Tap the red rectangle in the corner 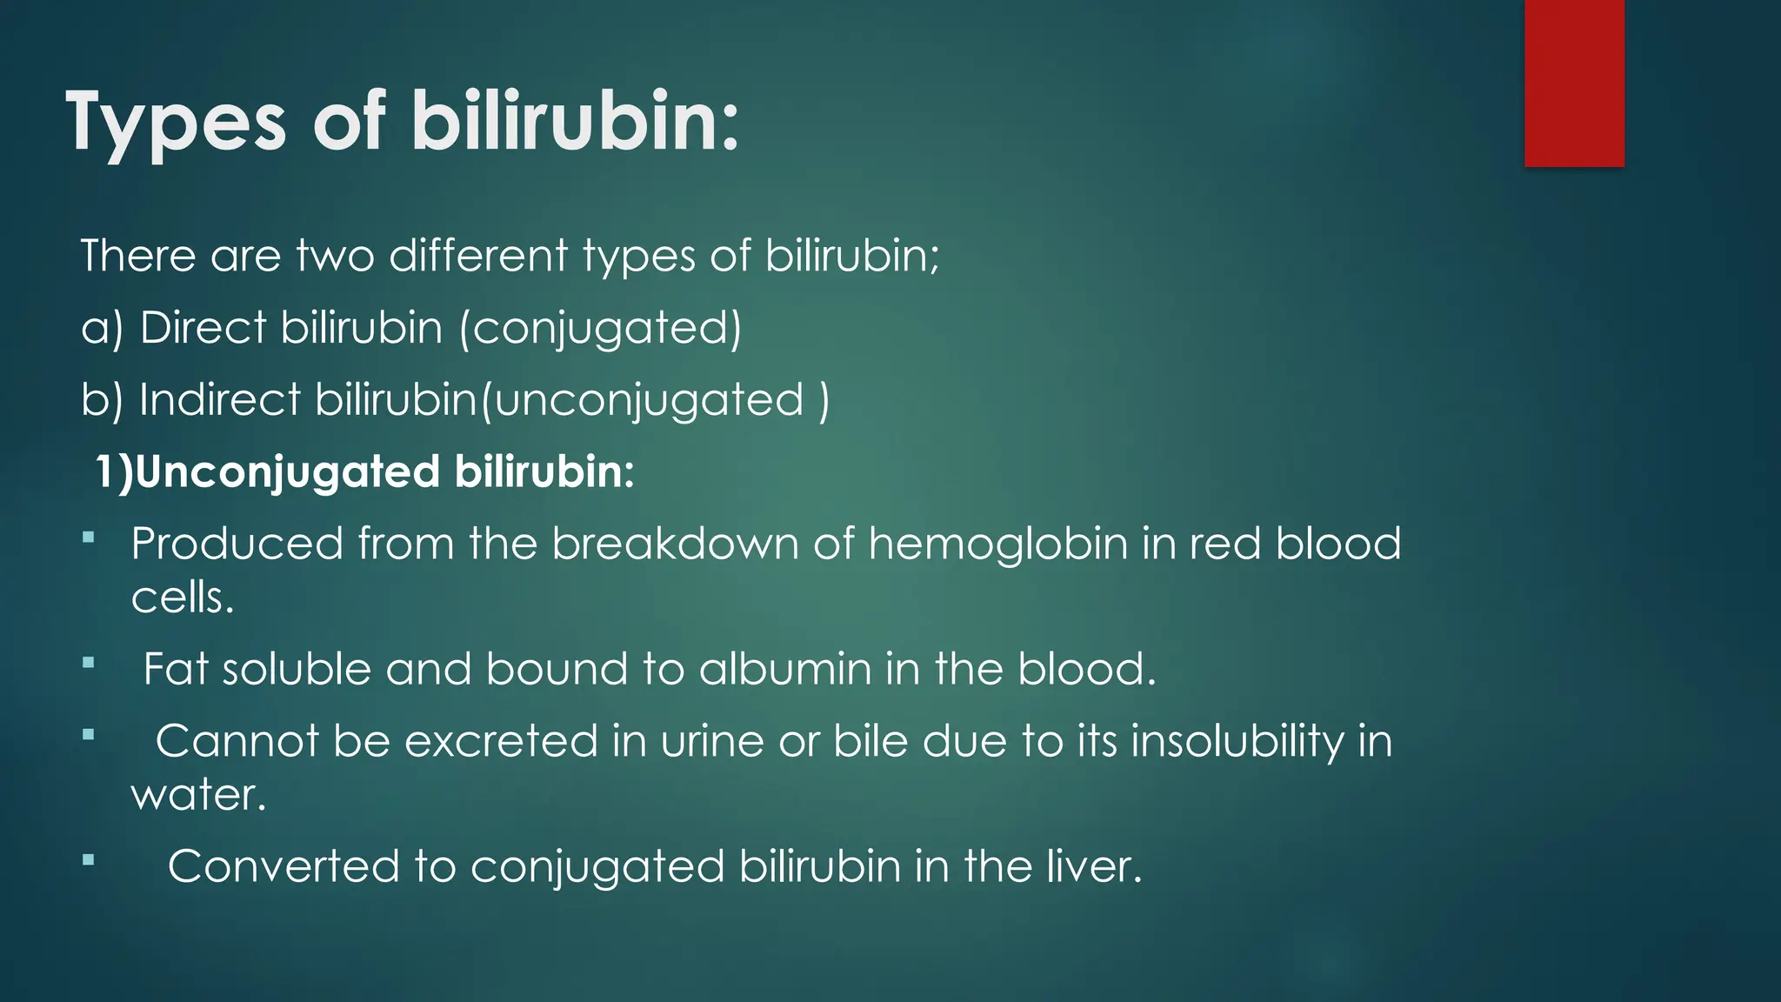click(x=1574, y=83)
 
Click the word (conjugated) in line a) click(x=600, y=329)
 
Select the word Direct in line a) click(x=203, y=329)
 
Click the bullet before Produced click(x=88, y=538)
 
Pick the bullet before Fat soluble click(x=88, y=664)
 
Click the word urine click(x=711, y=742)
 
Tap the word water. click(x=198, y=795)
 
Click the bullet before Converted click(x=88, y=861)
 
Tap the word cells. click(x=183, y=598)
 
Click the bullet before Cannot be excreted click(x=88, y=736)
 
